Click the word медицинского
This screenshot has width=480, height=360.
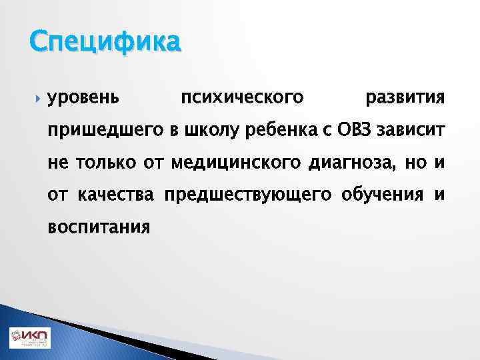[x=236, y=162]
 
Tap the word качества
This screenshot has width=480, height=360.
[x=116, y=194]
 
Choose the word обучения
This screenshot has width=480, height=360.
[x=382, y=194]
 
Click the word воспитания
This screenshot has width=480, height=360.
[x=99, y=227]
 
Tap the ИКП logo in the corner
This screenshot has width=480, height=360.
[x=29, y=338]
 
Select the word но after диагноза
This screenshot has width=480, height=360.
[x=415, y=162]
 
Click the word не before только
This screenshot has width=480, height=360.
[x=57, y=162]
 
